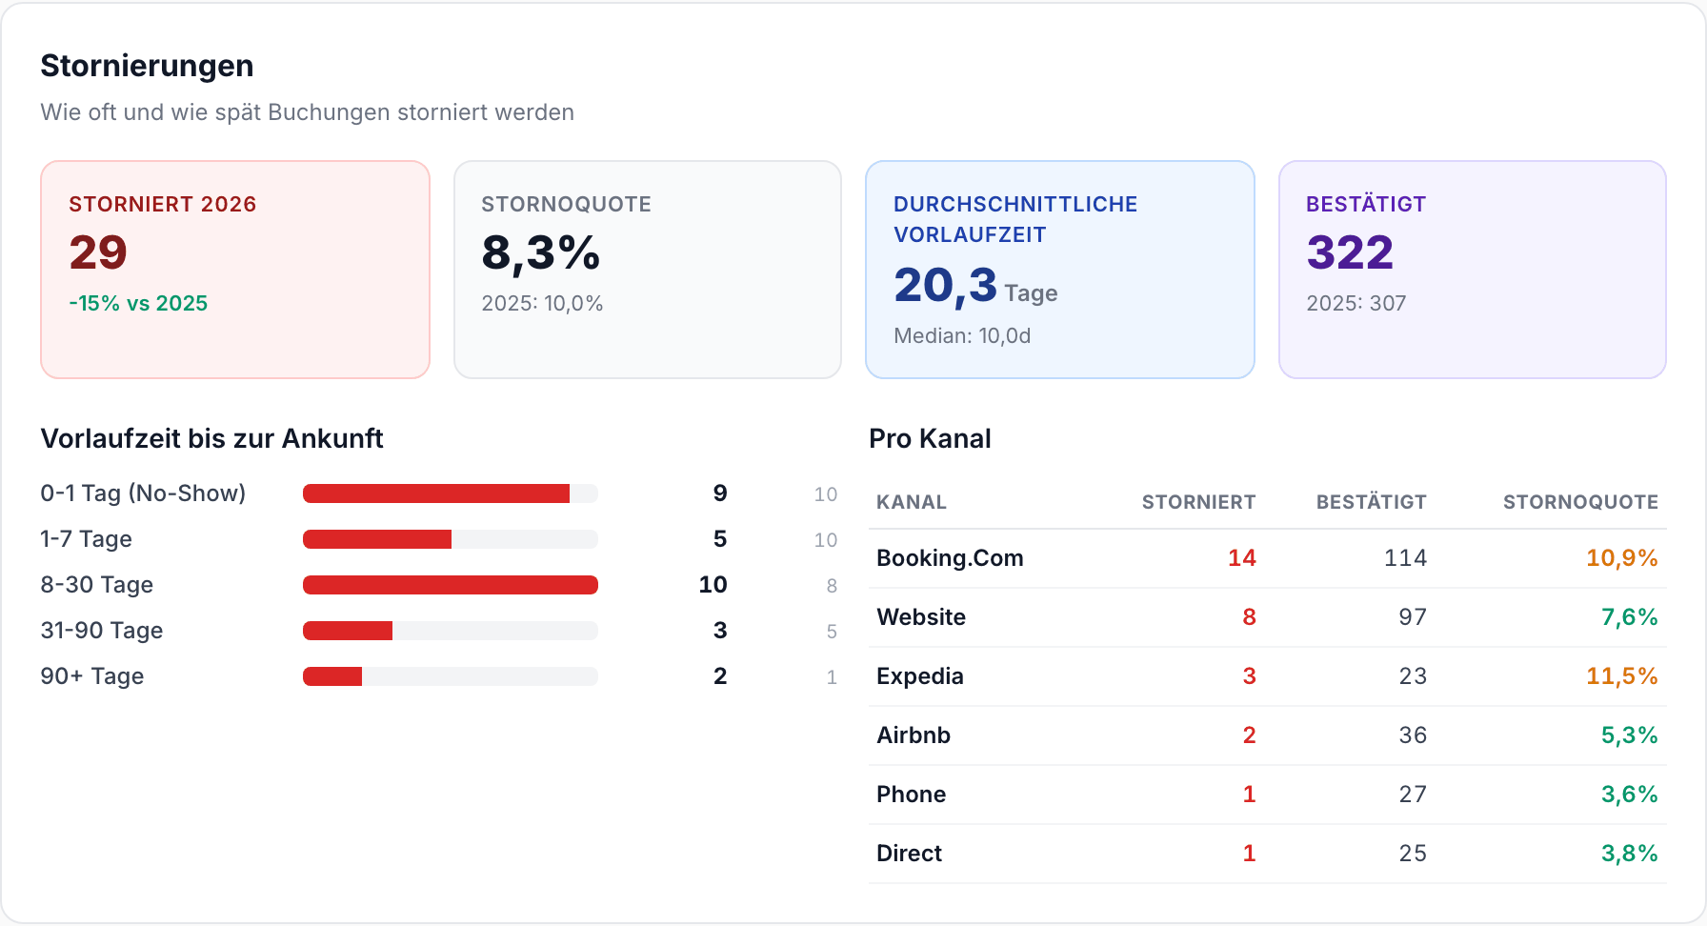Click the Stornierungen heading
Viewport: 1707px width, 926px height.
(147, 66)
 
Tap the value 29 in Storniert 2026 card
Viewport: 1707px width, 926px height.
(98, 252)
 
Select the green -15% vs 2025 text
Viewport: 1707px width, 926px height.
(138, 303)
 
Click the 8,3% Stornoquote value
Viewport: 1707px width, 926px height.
(540, 253)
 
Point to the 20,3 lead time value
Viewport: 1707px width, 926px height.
(945, 285)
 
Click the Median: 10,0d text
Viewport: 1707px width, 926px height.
(962, 335)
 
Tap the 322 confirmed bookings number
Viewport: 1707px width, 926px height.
(1350, 252)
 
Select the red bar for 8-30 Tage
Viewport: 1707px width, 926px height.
(451, 585)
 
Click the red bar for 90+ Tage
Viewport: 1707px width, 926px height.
(332, 676)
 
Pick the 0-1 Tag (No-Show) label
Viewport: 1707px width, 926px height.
(143, 493)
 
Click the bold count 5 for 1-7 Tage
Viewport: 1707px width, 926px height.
(720, 539)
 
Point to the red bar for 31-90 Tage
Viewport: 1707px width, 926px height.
(348, 631)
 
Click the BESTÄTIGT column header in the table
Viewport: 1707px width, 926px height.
(1372, 502)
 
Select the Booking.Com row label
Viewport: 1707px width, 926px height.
(950, 558)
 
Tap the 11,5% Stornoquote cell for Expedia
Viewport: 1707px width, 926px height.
(1622, 676)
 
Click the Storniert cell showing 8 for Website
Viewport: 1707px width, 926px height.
(1249, 617)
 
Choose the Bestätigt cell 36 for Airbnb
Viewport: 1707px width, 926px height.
(1413, 735)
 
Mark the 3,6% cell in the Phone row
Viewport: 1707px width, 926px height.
(1630, 795)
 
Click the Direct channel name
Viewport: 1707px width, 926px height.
(909, 854)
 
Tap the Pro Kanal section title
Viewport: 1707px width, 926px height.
(930, 438)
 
